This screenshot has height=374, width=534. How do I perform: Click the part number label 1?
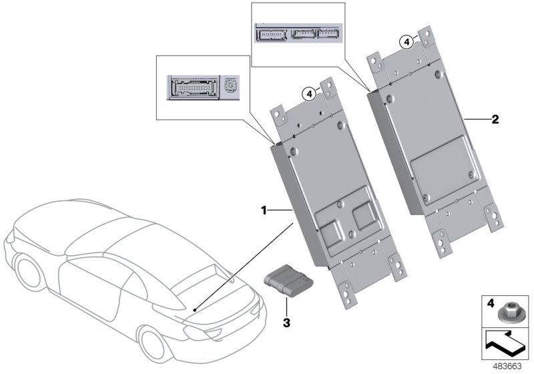(x=264, y=210)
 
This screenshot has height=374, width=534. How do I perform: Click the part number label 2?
(x=495, y=120)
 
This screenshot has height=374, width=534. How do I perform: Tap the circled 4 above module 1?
(x=310, y=94)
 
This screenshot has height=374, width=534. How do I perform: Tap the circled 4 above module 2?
(x=407, y=41)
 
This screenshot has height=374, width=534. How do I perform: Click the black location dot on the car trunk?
(x=194, y=311)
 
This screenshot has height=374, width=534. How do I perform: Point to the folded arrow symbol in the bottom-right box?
(x=505, y=346)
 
